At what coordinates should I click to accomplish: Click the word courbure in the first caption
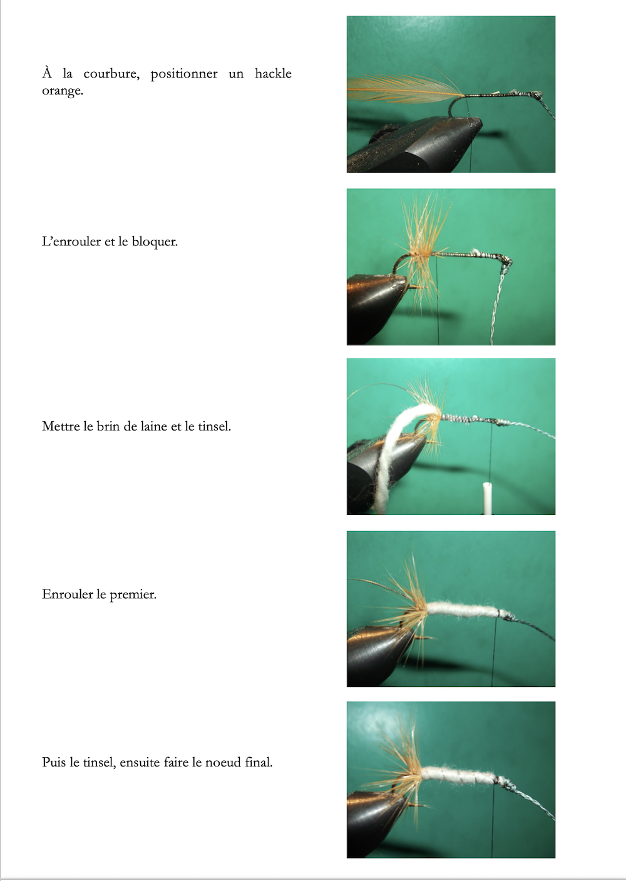click(111, 74)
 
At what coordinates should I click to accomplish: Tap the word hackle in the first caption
click(273, 73)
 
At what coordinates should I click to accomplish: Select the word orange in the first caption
click(63, 91)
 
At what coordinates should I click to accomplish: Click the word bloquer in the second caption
click(155, 242)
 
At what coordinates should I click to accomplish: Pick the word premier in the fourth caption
click(133, 594)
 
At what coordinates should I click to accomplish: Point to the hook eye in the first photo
click(535, 94)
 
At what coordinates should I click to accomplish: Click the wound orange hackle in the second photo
click(423, 252)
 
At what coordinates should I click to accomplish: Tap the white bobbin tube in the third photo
click(487, 499)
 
